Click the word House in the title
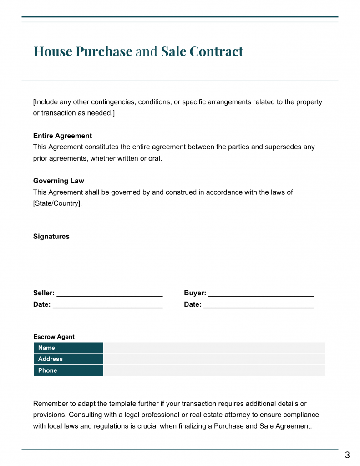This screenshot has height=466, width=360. point(53,51)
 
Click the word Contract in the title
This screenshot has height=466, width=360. point(216,51)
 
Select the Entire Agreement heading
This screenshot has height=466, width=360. point(62,136)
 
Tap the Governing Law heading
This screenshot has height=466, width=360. point(58,181)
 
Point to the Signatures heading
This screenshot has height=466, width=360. point(51,237)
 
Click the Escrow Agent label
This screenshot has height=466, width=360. point(54,337)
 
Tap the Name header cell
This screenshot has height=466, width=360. point(69,348)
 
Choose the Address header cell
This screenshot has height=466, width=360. point(69,359)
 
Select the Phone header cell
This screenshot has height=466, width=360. point(69,370)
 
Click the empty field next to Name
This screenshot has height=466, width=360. point(214,348)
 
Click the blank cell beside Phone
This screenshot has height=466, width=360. point(214,370)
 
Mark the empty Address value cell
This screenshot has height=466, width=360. point(214,359)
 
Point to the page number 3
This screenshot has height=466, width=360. point(347,455)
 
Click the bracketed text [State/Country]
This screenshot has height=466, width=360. point(57,203)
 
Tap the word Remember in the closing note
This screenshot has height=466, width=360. point(51,404)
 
